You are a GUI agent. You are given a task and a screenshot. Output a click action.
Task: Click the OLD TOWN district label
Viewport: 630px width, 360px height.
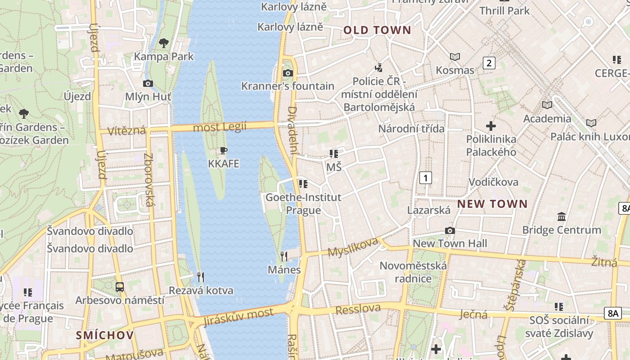coord(377,30)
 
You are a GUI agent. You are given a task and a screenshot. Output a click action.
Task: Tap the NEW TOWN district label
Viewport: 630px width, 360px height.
coord(492,204)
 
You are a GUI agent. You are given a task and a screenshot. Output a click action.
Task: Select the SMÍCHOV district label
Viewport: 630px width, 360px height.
coord(105,335)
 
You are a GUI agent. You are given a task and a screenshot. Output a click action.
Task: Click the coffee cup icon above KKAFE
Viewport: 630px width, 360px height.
coord(224,150)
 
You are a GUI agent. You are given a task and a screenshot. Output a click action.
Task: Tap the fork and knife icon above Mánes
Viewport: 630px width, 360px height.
coord(284,256)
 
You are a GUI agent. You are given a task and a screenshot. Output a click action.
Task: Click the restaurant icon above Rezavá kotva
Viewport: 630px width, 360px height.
coord(201,277)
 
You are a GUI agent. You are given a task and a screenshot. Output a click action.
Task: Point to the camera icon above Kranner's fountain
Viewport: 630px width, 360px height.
coord(288,73)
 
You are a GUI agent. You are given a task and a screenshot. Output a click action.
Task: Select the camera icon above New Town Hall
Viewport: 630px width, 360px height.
coord(450,230)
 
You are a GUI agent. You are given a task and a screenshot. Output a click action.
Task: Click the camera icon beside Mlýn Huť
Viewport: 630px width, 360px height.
coord(148,83)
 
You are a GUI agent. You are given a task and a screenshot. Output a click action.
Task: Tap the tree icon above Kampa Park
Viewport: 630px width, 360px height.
coord(164,43)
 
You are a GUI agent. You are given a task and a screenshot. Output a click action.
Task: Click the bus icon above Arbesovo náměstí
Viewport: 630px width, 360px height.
coord(120,287)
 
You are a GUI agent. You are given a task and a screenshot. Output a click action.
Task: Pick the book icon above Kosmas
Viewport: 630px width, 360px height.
coord(455,57)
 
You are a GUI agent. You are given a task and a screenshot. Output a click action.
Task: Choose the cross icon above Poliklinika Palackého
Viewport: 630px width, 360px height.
coord(491,126)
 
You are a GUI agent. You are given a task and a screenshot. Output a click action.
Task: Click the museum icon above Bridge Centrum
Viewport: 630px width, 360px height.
coord(561,217)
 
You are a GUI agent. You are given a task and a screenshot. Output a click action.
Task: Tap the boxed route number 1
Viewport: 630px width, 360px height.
coord(425,178)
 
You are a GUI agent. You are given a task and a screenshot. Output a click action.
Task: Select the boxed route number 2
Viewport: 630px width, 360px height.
coord(489,63)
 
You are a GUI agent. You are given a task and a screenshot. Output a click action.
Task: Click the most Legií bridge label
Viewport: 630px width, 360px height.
coord(220,127)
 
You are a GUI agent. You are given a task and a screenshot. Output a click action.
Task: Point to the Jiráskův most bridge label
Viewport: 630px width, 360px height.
coord(238,317)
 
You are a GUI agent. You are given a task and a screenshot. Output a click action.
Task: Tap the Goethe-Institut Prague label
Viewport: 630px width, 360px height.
coord(303,203)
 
